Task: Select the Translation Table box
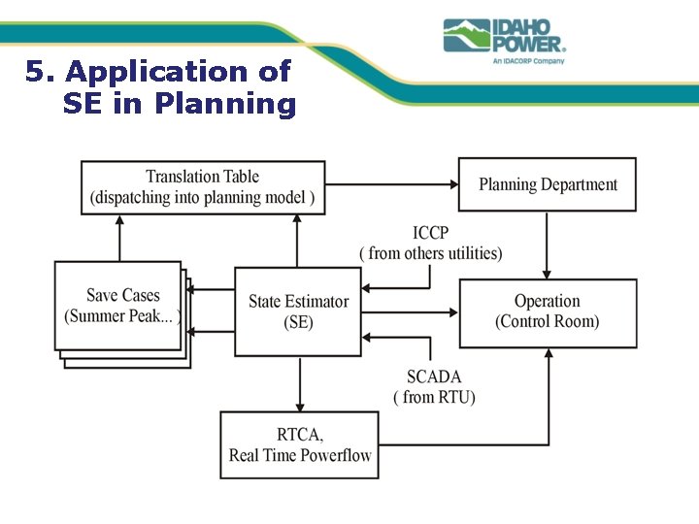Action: [x=202, y=187]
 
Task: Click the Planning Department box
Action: [x=548, y=184]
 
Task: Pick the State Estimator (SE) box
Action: [x=298, y=311]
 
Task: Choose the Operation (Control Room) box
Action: [x=548, y=311]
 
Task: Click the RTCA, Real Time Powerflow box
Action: [x=299, y=444]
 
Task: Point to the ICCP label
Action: [x=430, y=233]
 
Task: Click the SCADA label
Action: [x=434, y=377]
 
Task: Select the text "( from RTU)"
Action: [x=434, y=397]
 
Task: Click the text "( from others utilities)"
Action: [x=430, y=253]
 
